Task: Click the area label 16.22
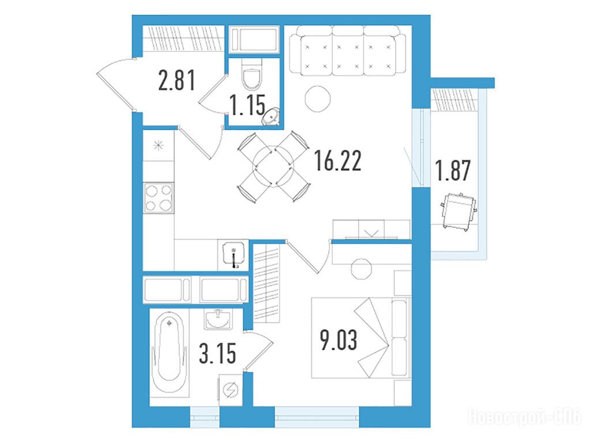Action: point(338,160)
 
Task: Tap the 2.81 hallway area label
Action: point(177,81)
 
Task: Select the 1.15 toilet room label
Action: point(247,104)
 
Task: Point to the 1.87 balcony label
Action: point(453,171)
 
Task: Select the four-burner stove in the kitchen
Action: point(159,198)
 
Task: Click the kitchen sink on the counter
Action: point(234,254)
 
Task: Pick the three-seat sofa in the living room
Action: point(348,50)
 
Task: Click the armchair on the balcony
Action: point(459,211)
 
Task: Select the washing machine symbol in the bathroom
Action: point(230,390)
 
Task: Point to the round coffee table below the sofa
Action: point(318,99)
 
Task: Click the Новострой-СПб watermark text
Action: point(524,417)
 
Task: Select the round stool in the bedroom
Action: point(361,269)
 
